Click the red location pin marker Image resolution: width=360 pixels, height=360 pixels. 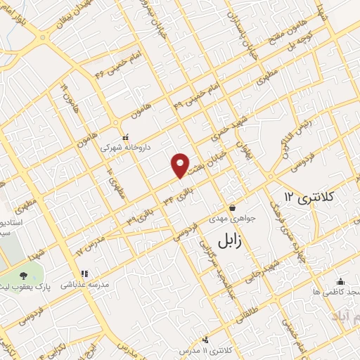[181, 165]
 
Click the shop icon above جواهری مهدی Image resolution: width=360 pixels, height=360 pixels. [232, 207]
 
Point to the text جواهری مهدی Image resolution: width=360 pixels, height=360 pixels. [233, 219]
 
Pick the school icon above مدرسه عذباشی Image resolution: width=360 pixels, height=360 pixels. [83, 274]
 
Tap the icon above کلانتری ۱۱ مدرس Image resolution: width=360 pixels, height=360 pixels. [205, 340]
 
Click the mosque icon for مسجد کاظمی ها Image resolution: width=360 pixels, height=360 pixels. [340, 282]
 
